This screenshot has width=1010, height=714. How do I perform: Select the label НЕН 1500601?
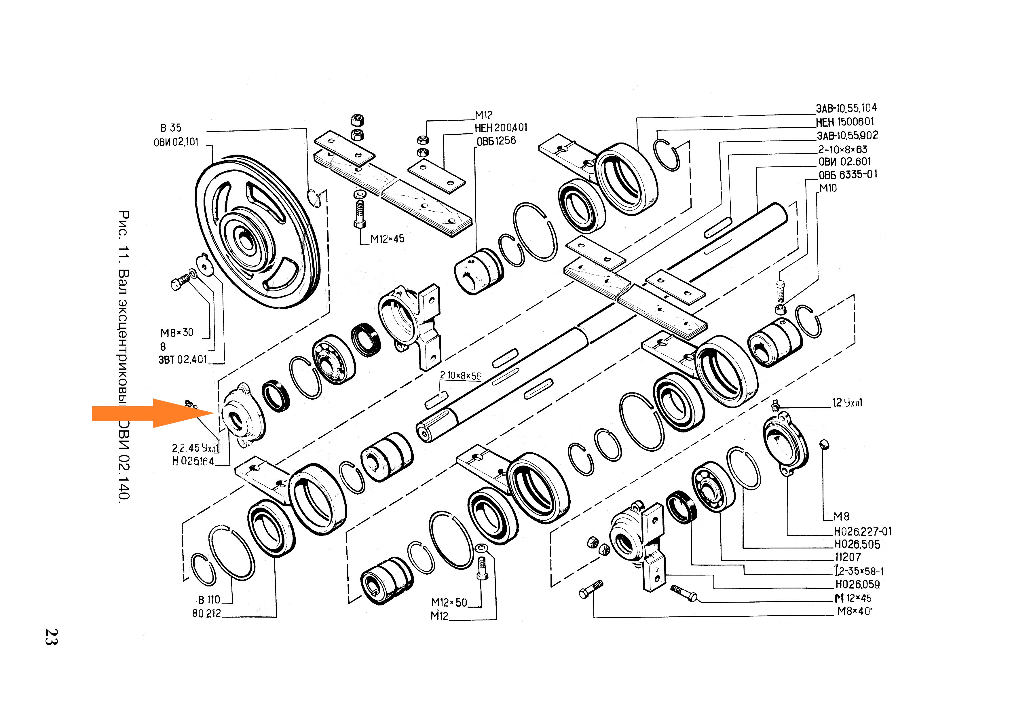coord(845,122)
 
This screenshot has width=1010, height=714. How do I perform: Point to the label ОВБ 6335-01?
coord(848,175)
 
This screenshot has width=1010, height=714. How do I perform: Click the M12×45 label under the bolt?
coord(387,239)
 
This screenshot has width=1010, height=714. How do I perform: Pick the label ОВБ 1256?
coord(496,141)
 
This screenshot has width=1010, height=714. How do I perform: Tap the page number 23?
coord(51,636)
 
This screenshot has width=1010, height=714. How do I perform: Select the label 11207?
coord(848,557)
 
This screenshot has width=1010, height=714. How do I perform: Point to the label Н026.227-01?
coord(863,531)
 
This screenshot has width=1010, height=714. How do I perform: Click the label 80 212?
coord(206,613)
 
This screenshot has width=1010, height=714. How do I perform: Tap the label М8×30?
coord(177,333)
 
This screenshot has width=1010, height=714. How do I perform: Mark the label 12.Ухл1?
coord(847,402)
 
